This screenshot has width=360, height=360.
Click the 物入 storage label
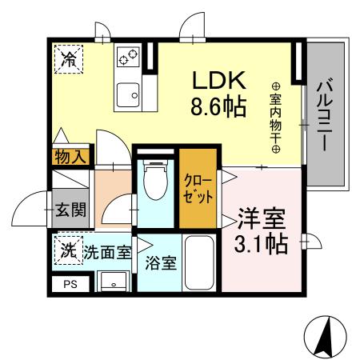pyautogui.click(x=70, y=157)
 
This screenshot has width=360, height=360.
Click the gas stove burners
pyautogui.click(x=128, y=56)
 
